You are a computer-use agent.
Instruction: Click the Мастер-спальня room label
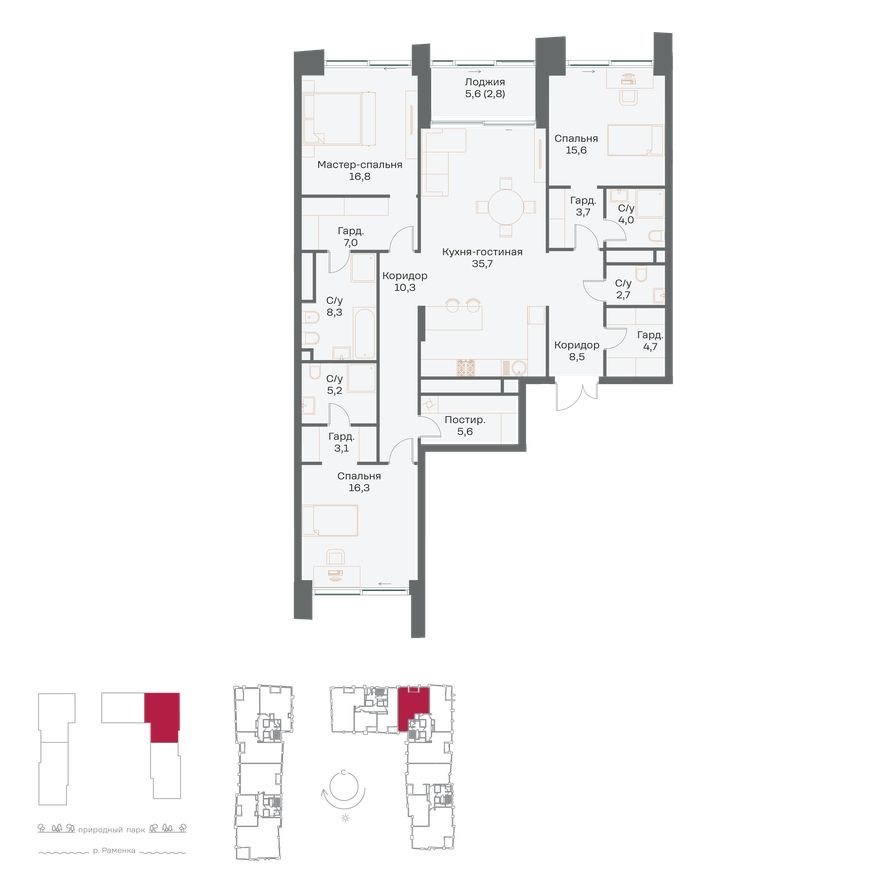[359, 164]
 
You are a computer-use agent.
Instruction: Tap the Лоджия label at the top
[485, 83]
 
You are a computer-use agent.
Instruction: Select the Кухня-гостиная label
[484, 252]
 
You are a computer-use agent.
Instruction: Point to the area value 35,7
[484, 265]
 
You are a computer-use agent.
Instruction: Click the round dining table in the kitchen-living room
[504, 208]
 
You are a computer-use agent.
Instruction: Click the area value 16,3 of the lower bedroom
[358, 490]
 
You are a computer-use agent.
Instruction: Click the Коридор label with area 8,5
[577, 344]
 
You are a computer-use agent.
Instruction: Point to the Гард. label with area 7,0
[350, 230]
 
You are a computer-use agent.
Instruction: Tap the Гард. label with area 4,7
[650, 335]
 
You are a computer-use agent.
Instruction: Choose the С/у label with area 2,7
[623, 283]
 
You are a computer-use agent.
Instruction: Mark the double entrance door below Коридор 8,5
[575, 393]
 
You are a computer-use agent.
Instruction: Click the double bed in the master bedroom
[340, 117]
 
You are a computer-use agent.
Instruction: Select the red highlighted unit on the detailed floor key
[413, 707]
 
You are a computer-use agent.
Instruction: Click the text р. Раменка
[113, 852]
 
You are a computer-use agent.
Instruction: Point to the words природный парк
[113, 829]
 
